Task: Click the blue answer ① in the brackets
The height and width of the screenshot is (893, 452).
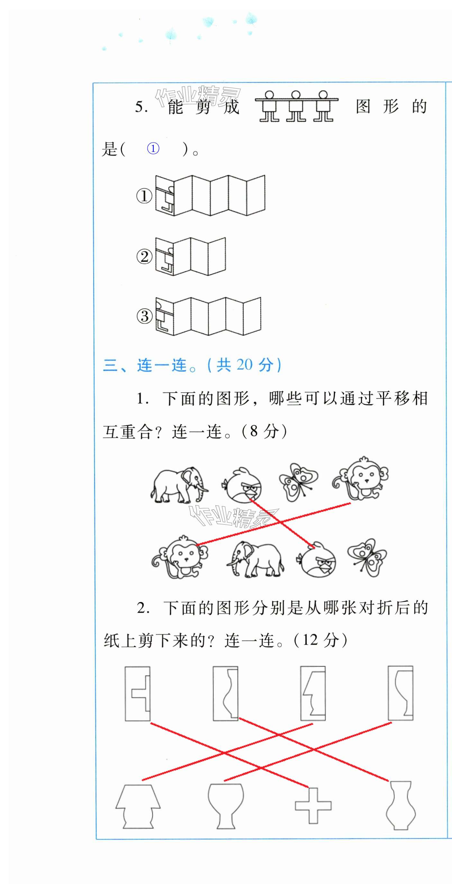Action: [153, 149]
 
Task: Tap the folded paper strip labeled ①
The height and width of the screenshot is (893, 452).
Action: [210, 196]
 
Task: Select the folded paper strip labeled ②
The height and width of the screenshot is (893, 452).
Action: [190, 256]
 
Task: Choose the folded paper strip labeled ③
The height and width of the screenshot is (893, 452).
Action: [208, 316]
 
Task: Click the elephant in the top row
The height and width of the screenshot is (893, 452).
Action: [179, 485]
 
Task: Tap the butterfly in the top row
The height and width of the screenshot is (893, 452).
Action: [298, 482]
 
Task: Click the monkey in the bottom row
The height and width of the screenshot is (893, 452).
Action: [180, 557]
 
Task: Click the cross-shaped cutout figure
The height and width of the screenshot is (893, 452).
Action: [313, 806]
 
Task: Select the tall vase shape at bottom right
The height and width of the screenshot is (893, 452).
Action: [401, 805]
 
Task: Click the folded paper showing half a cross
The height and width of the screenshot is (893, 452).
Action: [137, 694]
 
